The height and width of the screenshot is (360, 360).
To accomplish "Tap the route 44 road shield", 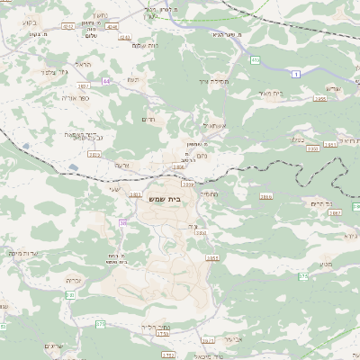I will [106, 82].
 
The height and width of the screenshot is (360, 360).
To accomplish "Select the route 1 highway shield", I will [296, 75].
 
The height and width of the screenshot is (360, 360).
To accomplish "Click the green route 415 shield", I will [255, 60].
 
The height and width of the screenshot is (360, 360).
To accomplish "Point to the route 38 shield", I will [122, 221].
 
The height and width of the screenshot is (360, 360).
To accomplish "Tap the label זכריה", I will [74, 281].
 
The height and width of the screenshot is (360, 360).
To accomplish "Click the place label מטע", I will [326, 263].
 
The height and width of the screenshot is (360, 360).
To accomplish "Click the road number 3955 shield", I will [319, 100].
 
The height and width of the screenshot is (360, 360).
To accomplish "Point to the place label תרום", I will [149, 118].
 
